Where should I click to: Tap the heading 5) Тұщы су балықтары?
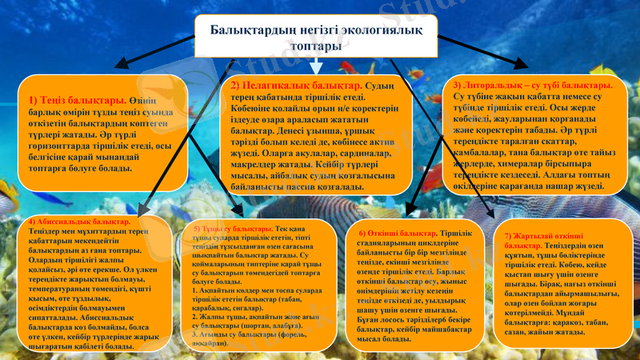(x=227, y=229)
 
